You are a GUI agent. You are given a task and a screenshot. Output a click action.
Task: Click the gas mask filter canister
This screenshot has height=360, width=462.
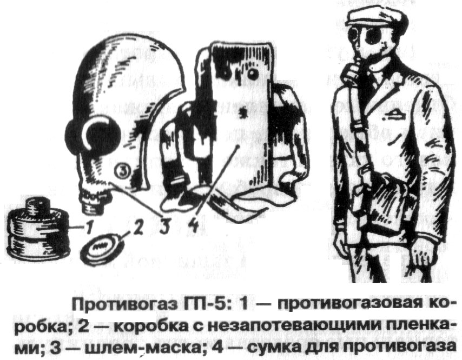pos(39,229)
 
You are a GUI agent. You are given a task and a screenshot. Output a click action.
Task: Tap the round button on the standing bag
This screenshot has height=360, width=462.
pos(252,74)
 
